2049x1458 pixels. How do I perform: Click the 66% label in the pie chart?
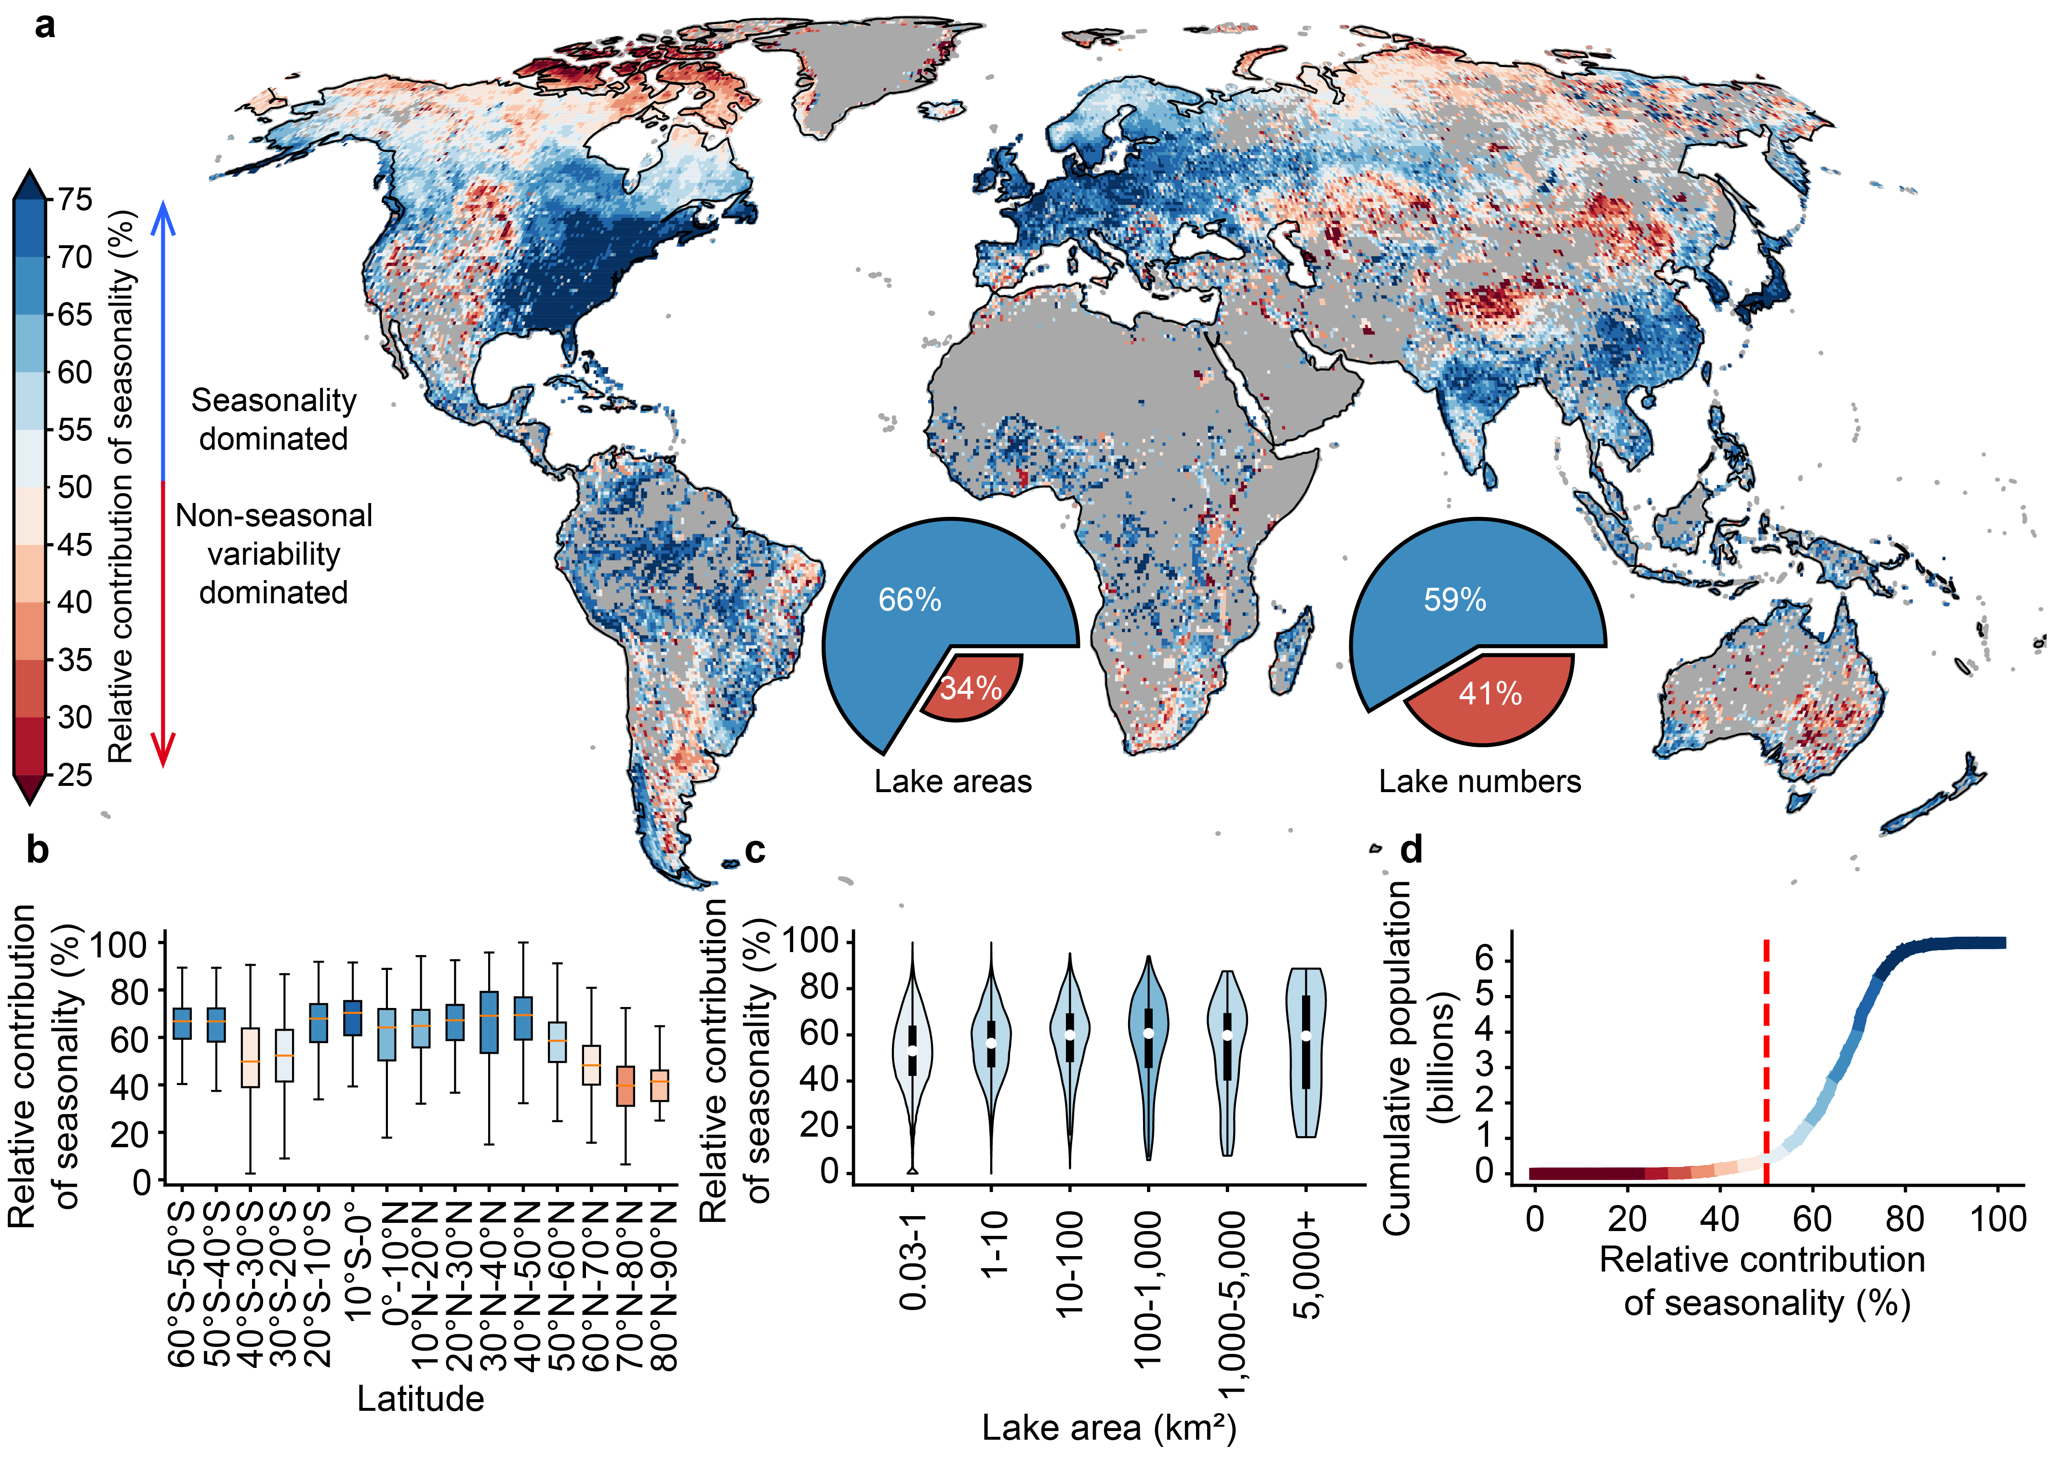(x=910, y=600)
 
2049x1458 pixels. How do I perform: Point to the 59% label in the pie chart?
(x=1455, y=600)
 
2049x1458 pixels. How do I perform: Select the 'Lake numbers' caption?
(x=1480, y=782)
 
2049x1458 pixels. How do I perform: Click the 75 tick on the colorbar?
(x=75, y=199)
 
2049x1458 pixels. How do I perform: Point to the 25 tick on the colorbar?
(x=75, y=774)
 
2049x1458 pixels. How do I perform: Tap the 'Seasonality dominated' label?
(x=274, y=419)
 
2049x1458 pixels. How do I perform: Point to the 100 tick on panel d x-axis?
(x=1998, y=1219)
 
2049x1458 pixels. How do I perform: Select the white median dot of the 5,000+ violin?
(x=1306, y=1035)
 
